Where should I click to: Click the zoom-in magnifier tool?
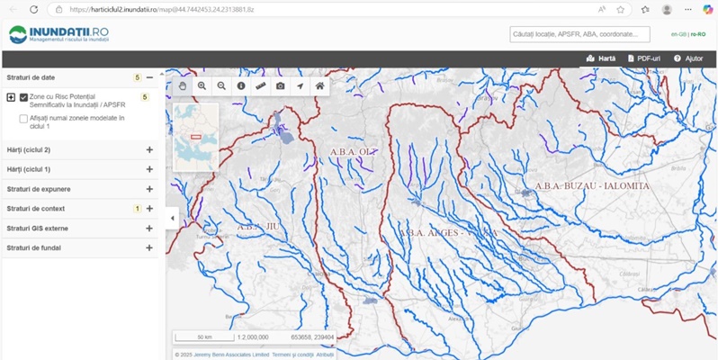[202, 85]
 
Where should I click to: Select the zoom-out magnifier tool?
[221, 85]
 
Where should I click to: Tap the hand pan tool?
[182, 85]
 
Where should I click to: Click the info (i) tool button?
[241, 85]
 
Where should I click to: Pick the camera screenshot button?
[281, 85]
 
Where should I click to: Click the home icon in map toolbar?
[319, 85]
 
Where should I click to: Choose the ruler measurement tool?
[261, 85]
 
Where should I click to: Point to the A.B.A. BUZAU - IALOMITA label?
[591, 186]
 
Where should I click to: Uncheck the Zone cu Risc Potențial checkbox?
[24, 97]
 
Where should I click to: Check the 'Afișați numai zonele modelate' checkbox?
[23, 118]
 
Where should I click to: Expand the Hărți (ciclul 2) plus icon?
[149, 149]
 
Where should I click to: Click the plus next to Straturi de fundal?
[149, 247]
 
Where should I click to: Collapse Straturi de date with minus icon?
[149, 77]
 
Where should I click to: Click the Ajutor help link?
[688, 58]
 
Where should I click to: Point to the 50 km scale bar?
[204, 337]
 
